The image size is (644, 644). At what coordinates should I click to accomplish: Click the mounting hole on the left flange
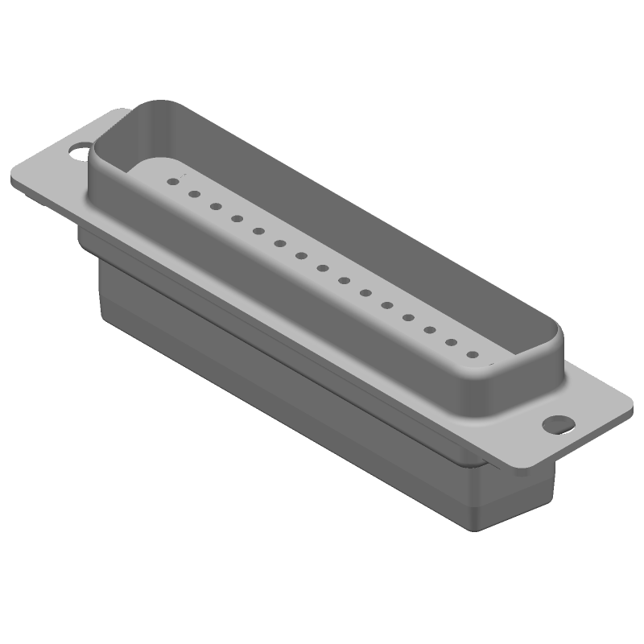tap(80, 149)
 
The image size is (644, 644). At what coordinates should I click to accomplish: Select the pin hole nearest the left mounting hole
tap(172, 181)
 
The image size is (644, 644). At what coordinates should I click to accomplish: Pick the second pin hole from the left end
tap(194, 193)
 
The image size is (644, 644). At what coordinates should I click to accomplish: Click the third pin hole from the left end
tap(216, 206)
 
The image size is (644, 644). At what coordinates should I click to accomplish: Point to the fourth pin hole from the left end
tap(237, 218)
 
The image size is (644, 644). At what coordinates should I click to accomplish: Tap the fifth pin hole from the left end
tap(258, 231)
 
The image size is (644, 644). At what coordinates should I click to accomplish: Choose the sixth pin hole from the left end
tap(280, 243)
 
